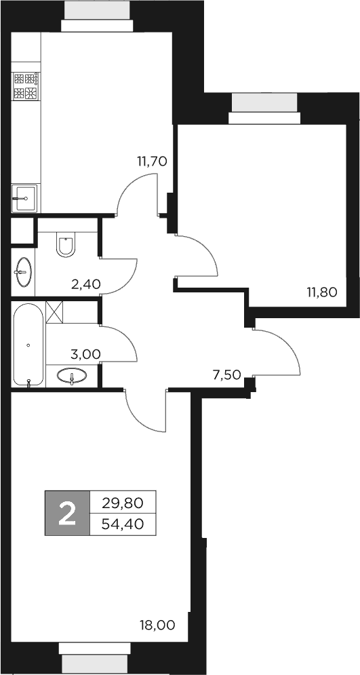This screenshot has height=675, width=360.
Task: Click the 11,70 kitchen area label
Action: (152, 161)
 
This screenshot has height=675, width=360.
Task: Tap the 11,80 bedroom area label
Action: (321, 292)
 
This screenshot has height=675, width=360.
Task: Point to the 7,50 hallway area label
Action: (226, 374)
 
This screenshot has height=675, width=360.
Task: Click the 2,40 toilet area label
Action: (86, 284)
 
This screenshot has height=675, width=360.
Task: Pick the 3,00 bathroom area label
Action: (86, 353)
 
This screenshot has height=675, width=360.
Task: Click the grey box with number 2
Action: (66, 513)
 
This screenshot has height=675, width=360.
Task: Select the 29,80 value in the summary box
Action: (122, 503)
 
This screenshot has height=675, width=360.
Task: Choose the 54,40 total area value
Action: (122, 524)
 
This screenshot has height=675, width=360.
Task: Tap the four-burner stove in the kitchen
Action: (25, 85)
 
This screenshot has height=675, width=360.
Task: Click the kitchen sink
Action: (25, 198)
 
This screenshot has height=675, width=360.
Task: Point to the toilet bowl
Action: (66, 245)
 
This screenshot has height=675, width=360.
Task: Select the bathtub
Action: (28, 345)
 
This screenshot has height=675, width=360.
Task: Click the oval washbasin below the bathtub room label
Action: (71, 375)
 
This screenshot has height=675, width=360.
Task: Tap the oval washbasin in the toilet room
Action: (23, 273)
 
